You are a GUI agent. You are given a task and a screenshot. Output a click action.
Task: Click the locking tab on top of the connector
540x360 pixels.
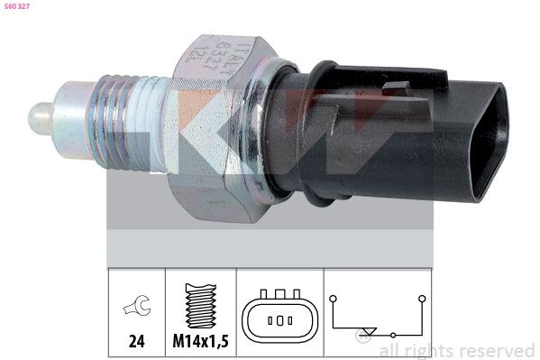397,88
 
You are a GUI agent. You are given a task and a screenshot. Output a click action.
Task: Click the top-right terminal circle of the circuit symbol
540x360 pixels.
421,297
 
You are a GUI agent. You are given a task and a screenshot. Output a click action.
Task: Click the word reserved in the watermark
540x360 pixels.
492,350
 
